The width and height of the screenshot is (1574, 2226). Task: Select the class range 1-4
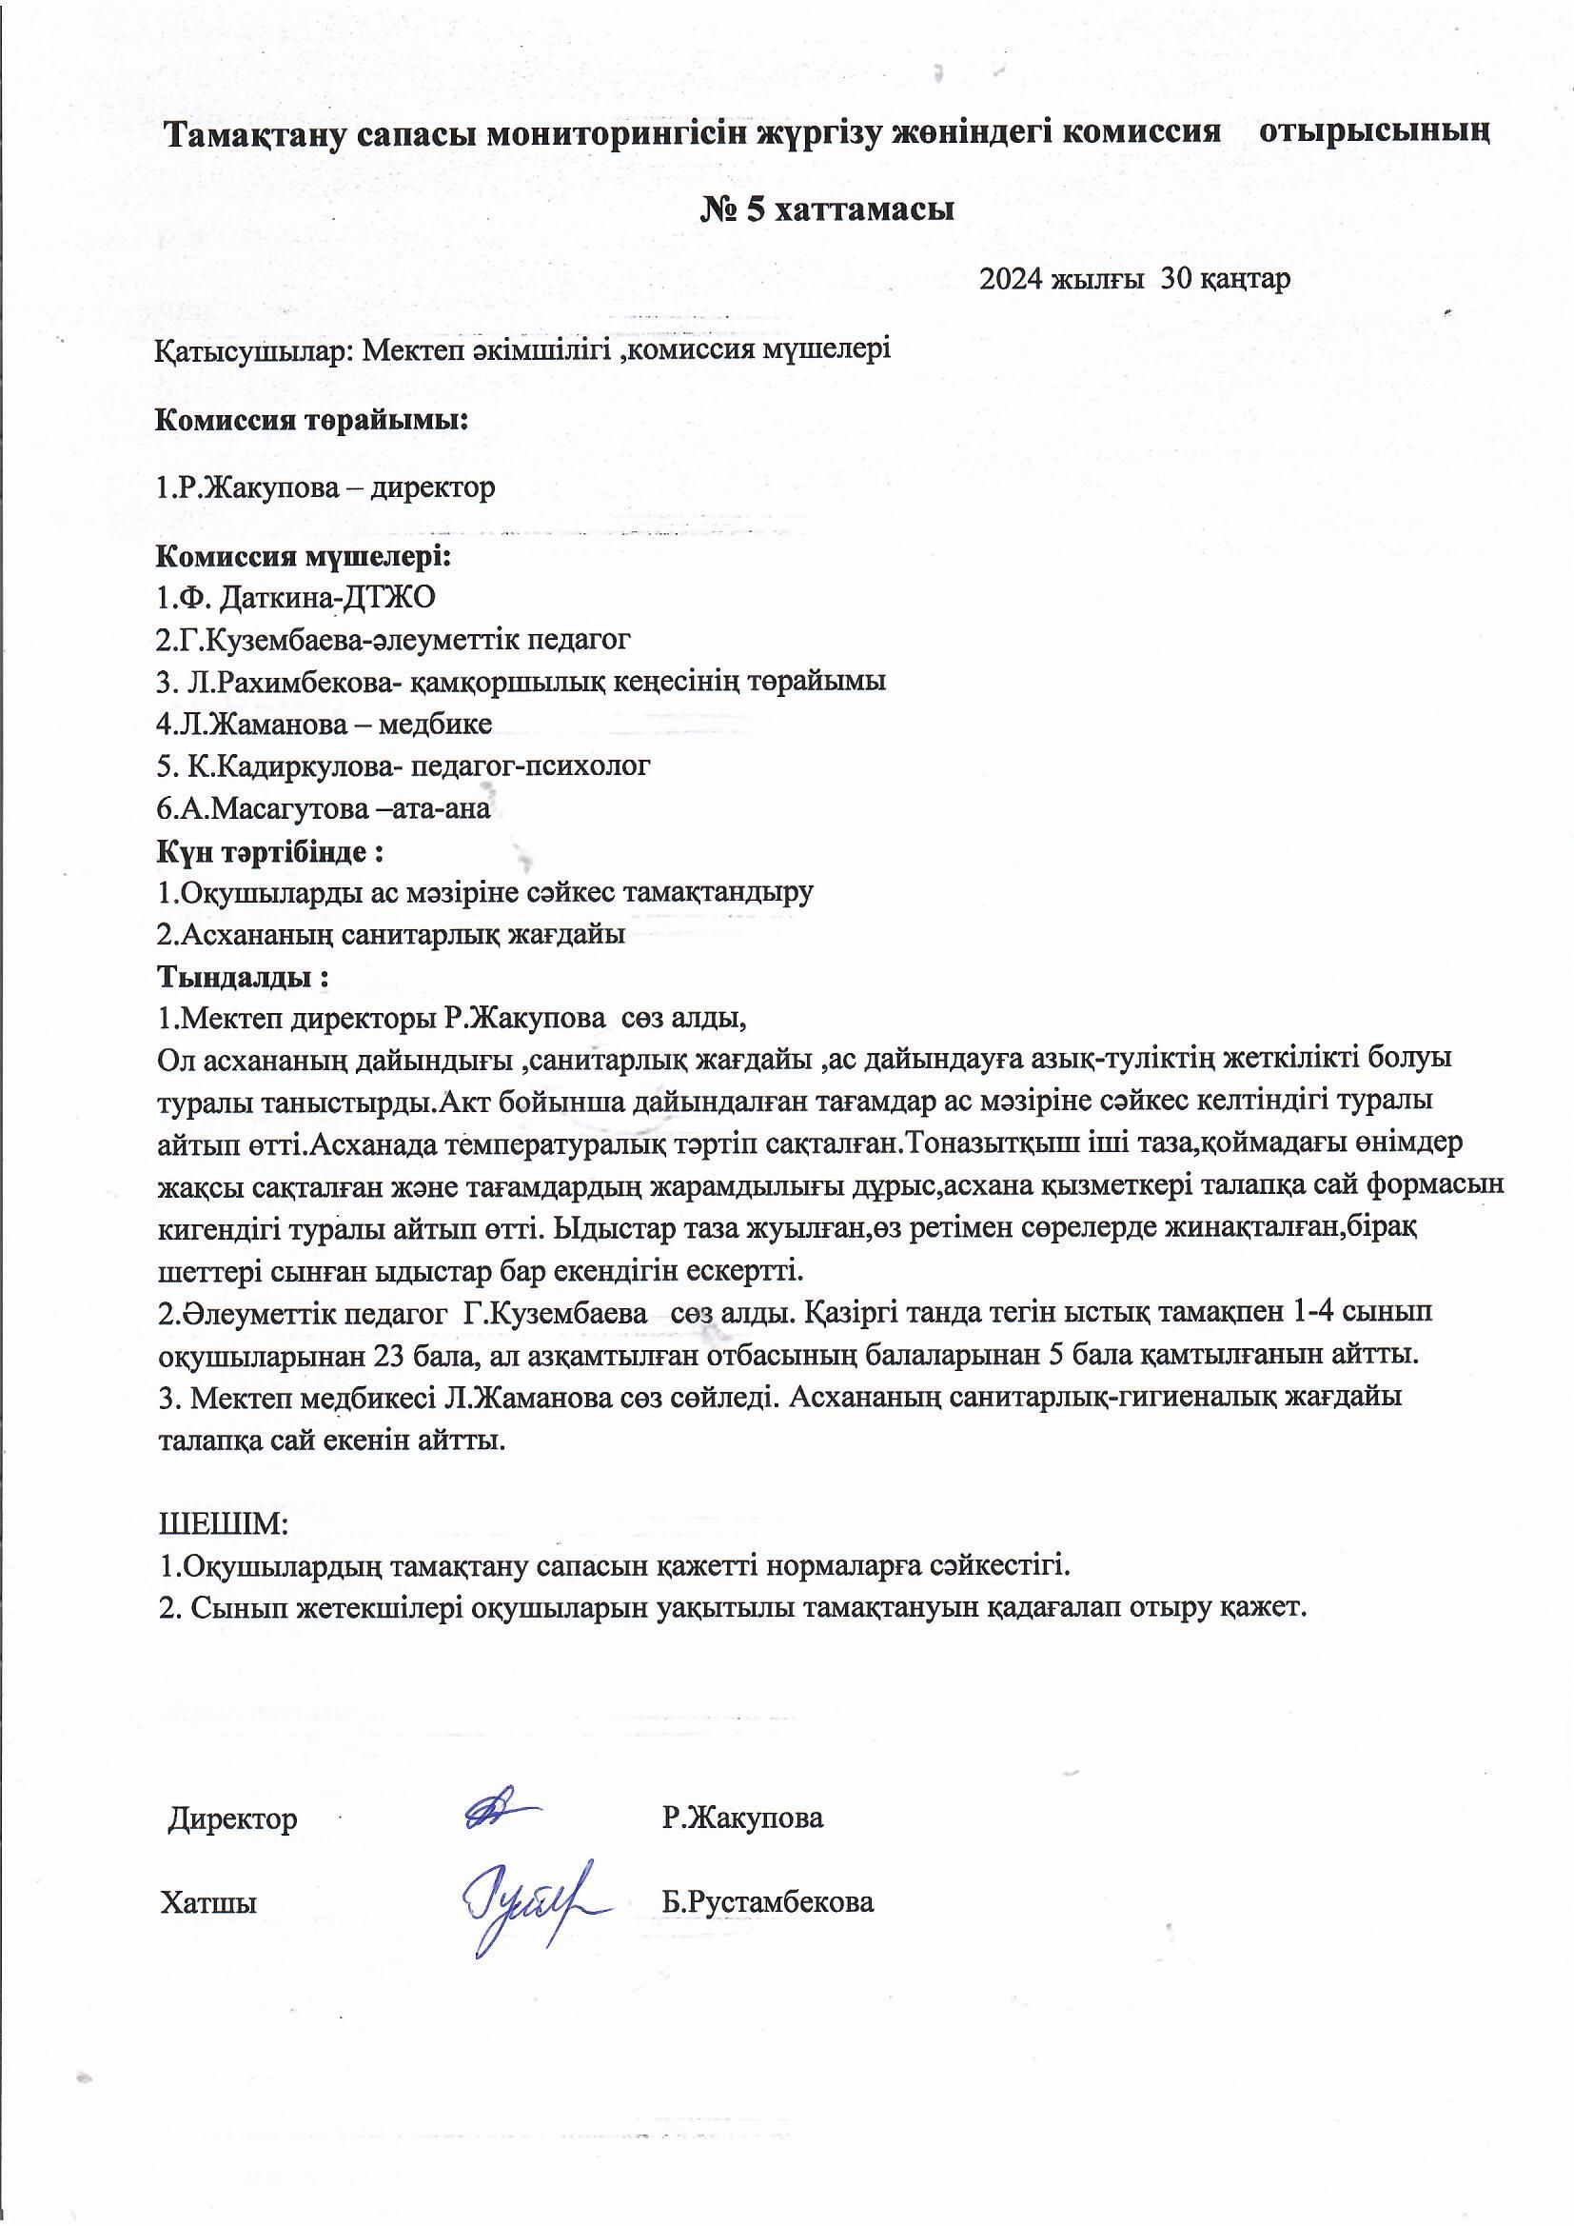tap(1322, 1312)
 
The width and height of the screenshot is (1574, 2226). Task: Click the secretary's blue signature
tap(532, 1901)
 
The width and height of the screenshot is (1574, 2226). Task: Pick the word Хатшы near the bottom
tap(209, 1902)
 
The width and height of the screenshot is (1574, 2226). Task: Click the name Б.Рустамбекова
tap(768, 1902)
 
